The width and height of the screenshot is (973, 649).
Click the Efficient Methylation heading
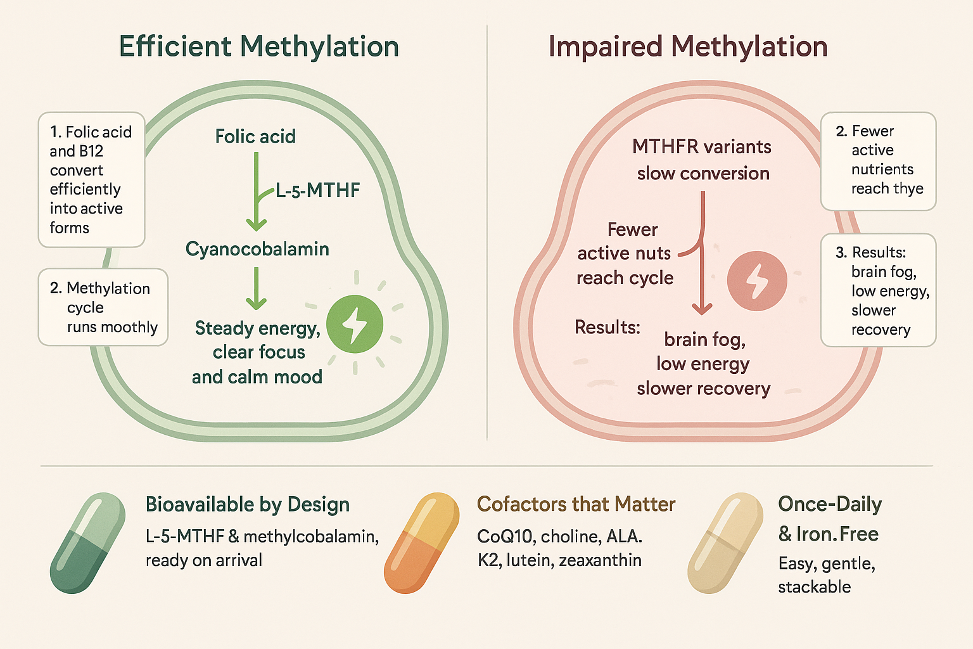pyautogui.click(x=259, y=47)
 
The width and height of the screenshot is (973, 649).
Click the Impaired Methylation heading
pyautogui.click(x=688, y=47)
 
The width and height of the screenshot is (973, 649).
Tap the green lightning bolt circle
pyautogui.click(x=355, y=324)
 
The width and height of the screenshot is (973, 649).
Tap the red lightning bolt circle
pyautogui.click(x=756, y=281)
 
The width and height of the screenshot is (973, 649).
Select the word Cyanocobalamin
pyautogui.click(x=257, y=249)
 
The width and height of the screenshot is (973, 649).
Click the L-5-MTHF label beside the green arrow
pyautogui.click(x=317, y=190)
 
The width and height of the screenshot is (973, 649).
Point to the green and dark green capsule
pyautogui.click(x=87, y=543)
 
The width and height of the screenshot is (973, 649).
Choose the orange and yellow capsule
pyautogui.click(x=421, y=543)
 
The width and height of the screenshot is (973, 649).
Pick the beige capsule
pyautogui.click(x=725, y=543)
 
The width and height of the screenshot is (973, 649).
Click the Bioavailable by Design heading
pyautogui.click(x=247, y=504)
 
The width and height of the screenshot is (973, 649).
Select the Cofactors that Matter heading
pyautogui.click(x=576, y=504)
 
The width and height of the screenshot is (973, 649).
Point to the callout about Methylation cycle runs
pyautogui.click(x=103, y=307)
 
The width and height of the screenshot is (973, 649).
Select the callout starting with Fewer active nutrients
pyautogui.click(x=878, y=160)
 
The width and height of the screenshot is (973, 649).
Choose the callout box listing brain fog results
pyautogui.click(x=878, y=290)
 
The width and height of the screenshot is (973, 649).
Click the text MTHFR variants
pyautogui.click(x=701, y=147)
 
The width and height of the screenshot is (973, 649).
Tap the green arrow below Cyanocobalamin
pyautogui.click(x=256, y=288)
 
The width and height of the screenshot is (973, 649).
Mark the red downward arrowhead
pyautogui.click(x=702, y=309)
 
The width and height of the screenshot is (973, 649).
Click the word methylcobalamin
pyautogui.click(x=310, y=537)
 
